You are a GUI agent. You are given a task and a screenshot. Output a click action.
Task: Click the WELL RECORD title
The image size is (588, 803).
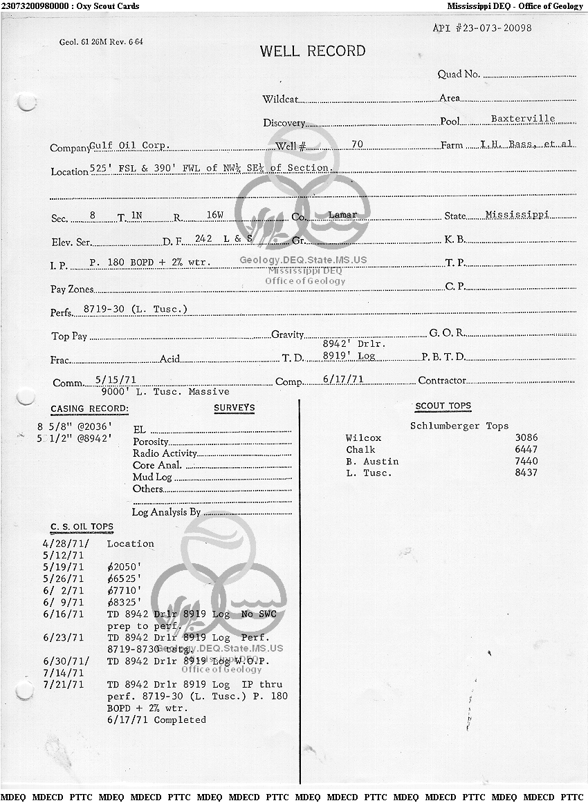pyautogui.click(x=313, y=51)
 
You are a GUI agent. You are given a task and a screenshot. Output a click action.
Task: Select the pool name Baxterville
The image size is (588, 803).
pyautogui.click(x=523, y=119)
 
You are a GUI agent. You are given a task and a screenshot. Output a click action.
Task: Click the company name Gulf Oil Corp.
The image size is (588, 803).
pyautogui.click(x=130, y=147)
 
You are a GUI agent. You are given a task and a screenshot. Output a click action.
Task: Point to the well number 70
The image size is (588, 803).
pyautogui.click(x=357, y=144)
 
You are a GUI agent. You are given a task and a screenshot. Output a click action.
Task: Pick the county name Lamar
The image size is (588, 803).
pyautogui.click(x=342, y=215)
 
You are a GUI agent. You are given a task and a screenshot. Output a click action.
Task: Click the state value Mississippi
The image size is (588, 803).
pyautogui.click(x=517, y=215)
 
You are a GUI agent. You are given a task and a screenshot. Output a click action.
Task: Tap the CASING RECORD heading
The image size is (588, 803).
pyautogui.click(x=89, y=409)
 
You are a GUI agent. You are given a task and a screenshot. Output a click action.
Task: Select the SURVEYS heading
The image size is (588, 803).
pyautogui.click(x=234, y=408)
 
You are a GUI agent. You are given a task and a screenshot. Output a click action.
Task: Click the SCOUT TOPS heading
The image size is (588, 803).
pyautogui.click(x=443, y=406)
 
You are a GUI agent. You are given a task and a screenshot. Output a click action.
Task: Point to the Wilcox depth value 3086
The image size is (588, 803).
pyautogui.click(x=526, y=438)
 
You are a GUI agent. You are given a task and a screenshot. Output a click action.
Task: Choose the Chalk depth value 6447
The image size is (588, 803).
pyautogui.click(x=526, y=450)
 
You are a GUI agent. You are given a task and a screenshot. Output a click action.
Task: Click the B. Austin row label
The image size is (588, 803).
pyautogui.click(x=372, y=462)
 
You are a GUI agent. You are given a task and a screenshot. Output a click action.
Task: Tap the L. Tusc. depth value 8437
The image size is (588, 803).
pyautogui.click(x=526, y=473)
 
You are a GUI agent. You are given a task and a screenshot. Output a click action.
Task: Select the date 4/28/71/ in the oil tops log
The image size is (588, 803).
pyautogui.click(x=66, y=544)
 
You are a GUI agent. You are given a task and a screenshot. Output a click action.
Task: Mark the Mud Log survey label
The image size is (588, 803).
pyautogui.click(x=152, y=478)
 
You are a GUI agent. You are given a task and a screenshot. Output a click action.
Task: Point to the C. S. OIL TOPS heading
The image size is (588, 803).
pyautogui.click(x=82, y=527)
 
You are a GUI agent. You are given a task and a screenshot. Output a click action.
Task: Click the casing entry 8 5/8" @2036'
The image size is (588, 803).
pyautogui.click(x=74, y=426)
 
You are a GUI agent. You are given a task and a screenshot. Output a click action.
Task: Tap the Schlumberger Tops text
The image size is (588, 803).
pyautogui.click(x=459, y=426)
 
